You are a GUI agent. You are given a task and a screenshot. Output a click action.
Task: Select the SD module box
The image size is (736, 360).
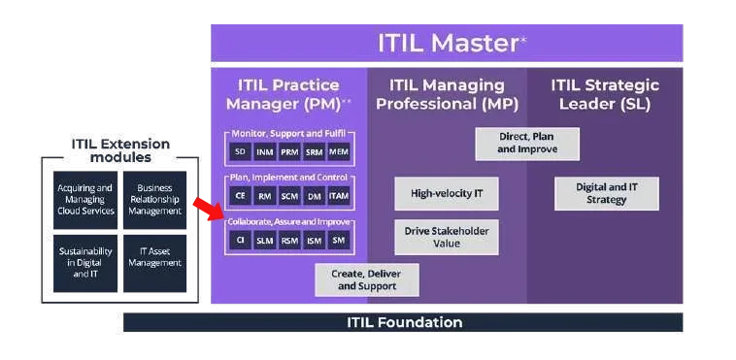(241, 152)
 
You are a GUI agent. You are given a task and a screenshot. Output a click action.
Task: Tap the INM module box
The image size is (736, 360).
(265, 152)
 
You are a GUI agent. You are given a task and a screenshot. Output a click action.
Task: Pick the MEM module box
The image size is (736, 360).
(339, 152)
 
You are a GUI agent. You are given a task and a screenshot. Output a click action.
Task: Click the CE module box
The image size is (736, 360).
(241, 196)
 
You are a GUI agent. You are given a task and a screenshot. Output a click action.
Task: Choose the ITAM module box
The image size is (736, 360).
(339, 196)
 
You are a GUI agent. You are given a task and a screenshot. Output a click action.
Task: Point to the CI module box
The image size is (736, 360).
(241, 241)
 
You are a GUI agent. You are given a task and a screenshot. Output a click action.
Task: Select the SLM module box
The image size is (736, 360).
(265, 241)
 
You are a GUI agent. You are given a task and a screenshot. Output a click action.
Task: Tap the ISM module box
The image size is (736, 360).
(314, 241)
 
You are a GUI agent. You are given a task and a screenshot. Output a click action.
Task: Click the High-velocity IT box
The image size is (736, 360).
(447, 193)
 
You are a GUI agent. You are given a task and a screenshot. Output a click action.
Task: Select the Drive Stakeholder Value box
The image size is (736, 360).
(447, 237)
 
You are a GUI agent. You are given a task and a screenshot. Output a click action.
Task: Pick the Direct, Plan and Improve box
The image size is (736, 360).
(527, 144)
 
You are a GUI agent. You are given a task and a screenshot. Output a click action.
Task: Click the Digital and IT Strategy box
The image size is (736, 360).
(607, 193)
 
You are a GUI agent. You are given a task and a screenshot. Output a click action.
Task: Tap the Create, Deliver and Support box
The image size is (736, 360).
(367, 279)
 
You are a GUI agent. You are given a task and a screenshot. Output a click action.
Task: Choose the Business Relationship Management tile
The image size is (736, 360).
(155, 200)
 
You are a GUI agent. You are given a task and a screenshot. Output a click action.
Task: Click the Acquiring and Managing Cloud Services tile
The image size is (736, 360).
(85, 200)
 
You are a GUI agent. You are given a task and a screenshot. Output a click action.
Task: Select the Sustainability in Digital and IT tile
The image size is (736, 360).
(85, 263)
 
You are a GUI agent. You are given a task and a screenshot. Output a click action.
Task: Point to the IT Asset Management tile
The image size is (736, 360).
(155, 263)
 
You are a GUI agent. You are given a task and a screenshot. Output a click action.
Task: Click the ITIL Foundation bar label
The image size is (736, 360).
(405, 322)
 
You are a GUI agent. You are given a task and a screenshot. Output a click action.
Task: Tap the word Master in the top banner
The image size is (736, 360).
(475, 44)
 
